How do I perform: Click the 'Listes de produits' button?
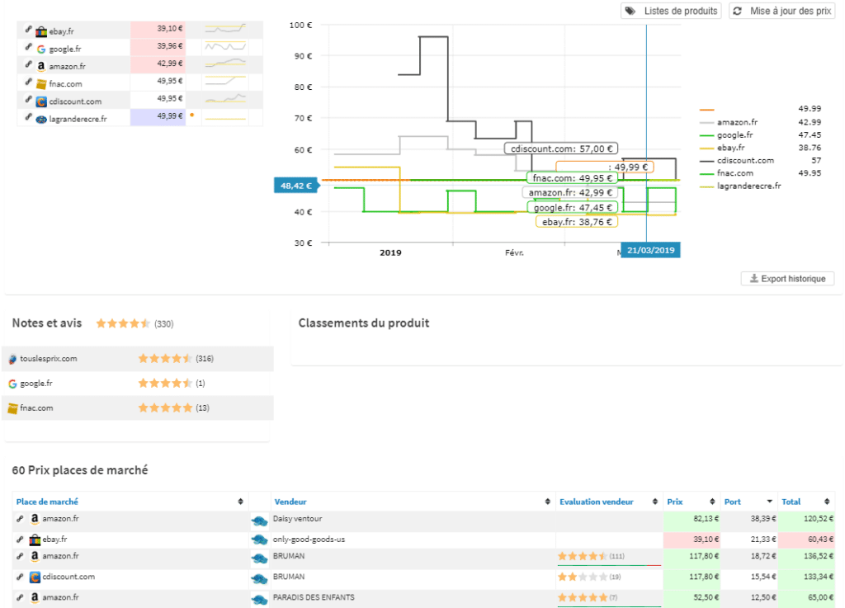click(x=671, y=12)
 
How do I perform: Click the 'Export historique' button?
click(x=788, y=279)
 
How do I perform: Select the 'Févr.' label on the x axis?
click(x=514, y=253)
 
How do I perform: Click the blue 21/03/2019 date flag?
click(x=650, y=250)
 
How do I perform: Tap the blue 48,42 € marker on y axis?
click(x=296, y=186)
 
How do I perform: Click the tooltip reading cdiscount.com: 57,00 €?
click(x=561, y=148)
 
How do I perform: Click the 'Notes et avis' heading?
click(x=47, y=323)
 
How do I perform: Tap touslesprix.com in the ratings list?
click(x=49, y=359)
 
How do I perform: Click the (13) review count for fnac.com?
click(x=203, y=408)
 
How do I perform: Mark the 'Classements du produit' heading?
click(x=364, y=323)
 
